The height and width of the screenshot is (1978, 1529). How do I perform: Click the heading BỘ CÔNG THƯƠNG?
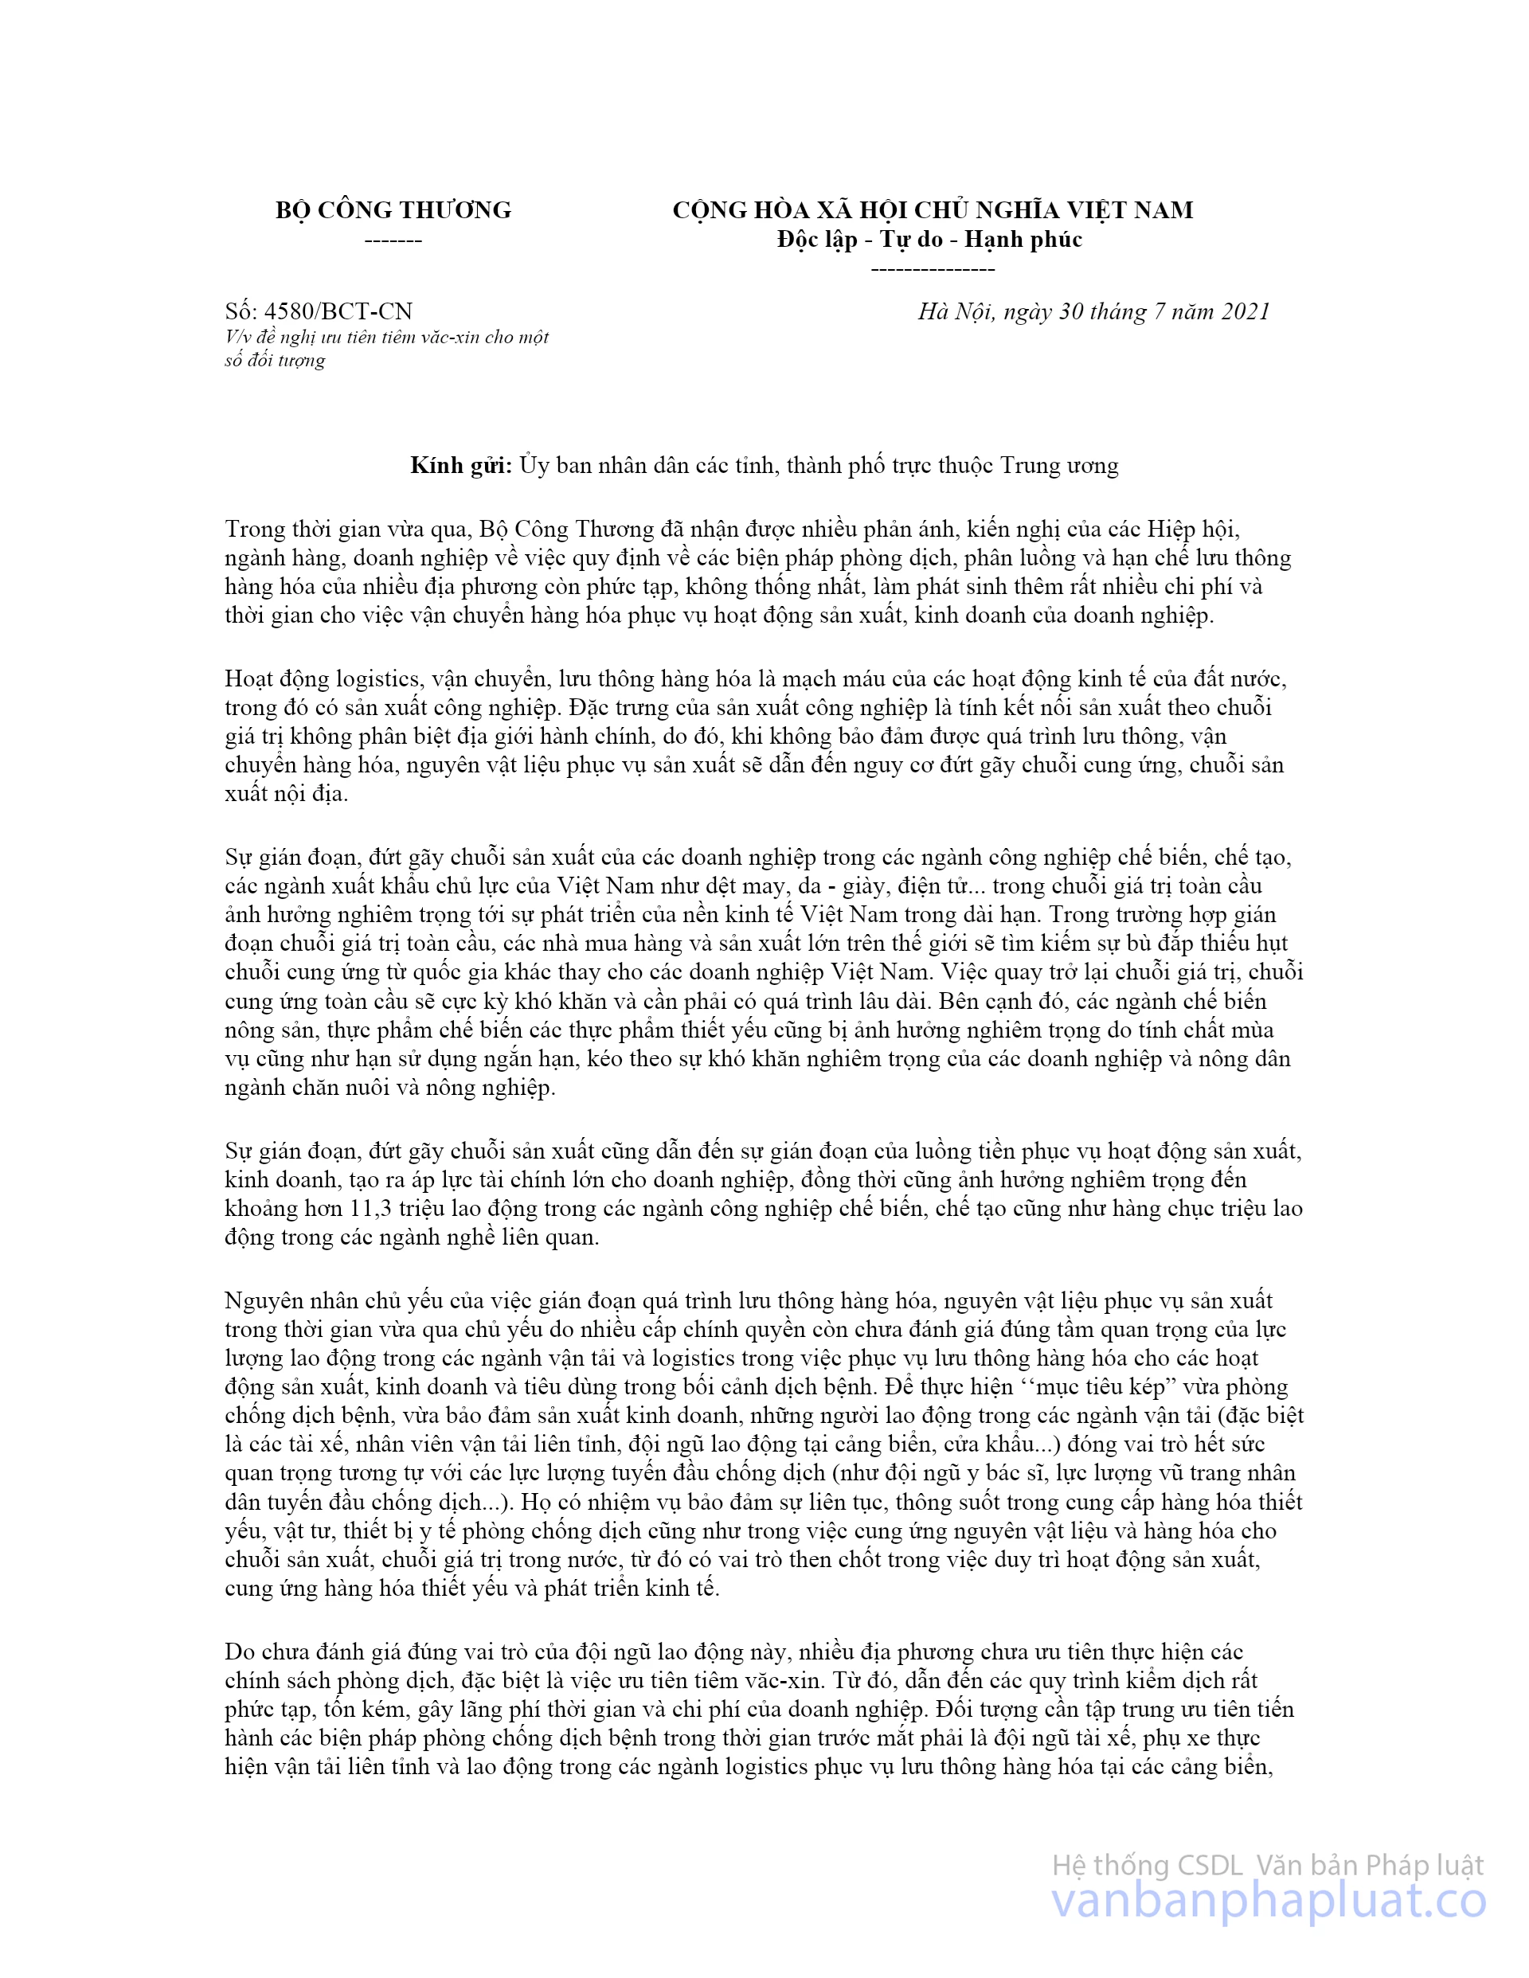(x=393, y=210)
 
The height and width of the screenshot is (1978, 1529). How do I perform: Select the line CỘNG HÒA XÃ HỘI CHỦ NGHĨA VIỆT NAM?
(x=932, y=210)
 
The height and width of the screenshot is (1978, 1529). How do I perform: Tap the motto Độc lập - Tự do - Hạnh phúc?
(x=929, y=239)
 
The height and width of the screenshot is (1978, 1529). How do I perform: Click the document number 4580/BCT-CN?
(x=338, y=311)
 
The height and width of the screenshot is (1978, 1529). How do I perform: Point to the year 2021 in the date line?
(x=1245, y=311)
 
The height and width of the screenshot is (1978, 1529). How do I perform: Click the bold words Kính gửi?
(x=461, y=466)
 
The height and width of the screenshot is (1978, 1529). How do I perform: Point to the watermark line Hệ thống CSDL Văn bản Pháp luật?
(x=1267, y=1865)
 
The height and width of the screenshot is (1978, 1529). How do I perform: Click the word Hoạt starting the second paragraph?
(x=252, y=678)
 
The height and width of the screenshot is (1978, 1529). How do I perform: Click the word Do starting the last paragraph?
(x=240, y=1652)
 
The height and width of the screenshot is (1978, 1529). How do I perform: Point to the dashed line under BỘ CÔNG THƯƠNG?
(x=393, y=241)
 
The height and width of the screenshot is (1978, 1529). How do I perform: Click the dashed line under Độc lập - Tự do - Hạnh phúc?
(x=932, y=269)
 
